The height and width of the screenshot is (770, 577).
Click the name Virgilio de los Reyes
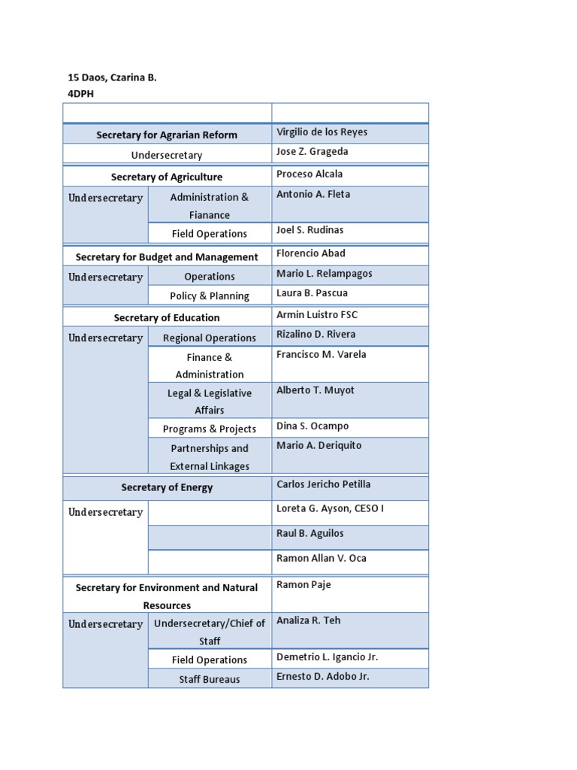point(322,132)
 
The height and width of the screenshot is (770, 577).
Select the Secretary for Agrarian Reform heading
point(167,135)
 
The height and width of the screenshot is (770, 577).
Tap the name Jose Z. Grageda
point(312,152)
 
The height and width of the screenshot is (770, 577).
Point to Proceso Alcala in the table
point(310,174)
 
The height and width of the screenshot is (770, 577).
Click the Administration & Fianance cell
point(210,206)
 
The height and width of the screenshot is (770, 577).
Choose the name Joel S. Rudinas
point(310,230)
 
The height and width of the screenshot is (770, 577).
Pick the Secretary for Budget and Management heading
point(167,257)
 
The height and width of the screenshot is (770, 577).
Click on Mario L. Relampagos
point(324,274)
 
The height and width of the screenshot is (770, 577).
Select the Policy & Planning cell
point(210,296)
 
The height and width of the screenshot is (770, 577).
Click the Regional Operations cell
point(210,338)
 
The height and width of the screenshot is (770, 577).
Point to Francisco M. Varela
point(322,355)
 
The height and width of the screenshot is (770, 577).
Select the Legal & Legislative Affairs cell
point(210,402)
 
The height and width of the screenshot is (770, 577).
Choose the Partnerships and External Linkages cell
point(210,457)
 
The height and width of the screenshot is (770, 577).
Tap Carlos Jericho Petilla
point(323,484)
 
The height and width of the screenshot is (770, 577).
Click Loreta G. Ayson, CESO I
point(330,509)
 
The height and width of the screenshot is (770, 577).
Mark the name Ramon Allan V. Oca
point(322,559)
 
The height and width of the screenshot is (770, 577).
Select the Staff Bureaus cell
point(210,680)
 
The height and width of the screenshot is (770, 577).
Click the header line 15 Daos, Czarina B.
point(113,77)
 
